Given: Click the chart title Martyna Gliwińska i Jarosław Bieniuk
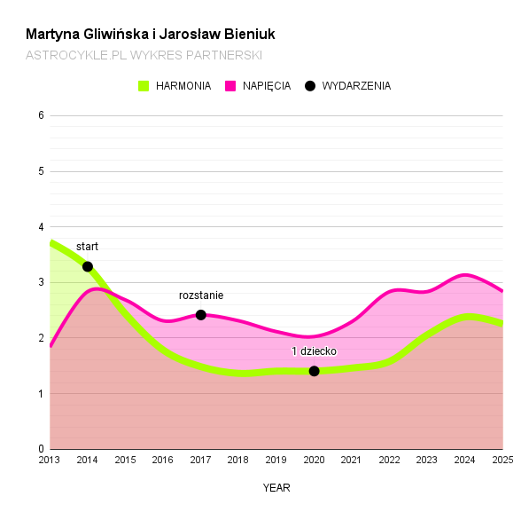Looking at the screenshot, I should pyautogui.click(x=151, y=35).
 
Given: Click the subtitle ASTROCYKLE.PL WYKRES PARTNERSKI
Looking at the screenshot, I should pyautogui.click(x=144, y=55).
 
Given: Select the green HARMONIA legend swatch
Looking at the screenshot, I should pyautogui.click(x=144, y=86).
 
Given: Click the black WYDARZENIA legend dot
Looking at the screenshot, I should pyautogui.click(x=310, y=86).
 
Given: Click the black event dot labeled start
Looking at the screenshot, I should pyautogui.click(x=88, y=266).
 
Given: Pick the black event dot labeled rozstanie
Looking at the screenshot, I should pyautogui.click(x=201, y=315).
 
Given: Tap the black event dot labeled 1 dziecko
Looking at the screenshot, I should pyautogui.click(x=314, y=371).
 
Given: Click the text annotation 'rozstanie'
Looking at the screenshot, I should pyautogui.click(x=201, y=295).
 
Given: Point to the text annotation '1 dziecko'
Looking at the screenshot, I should pyautogui.click(x=314, y=351).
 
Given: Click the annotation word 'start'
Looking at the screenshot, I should pyautogui.click(x=87, y=247).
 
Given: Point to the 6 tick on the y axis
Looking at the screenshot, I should pyautogui.click(x=41, y=115).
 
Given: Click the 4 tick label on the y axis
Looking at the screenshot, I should pyautogui.click(x=41, y=227).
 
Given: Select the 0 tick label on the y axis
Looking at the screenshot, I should pyautogui.click(x=41, y=450).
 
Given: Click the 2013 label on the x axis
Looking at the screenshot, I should pyautogui.click(x=50, y=460).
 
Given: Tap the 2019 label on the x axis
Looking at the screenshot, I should pyautogui.click(x=276, y=460).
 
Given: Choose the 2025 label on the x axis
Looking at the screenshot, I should pyautogui.click(x=502, y=460).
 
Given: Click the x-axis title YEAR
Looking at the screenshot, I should pyautogui.click(x=276, y=487).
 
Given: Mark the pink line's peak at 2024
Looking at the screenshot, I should pyautogui.click(x=464, y=275).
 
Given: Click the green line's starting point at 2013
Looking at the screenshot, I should pyautogui.click(x=51, y=242).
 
